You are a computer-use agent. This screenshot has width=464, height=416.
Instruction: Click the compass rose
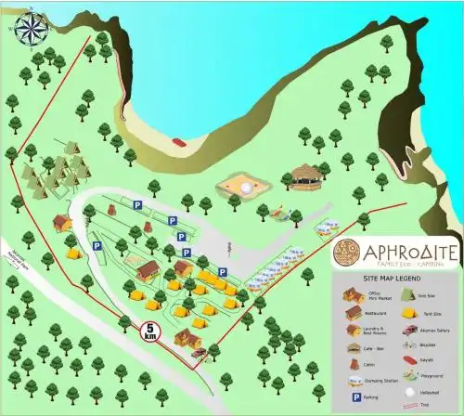[x=31, y=28]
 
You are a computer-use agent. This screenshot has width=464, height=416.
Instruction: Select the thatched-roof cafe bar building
[x=305, y=175]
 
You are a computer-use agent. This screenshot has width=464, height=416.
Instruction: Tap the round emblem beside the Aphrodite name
[x=348, y=252]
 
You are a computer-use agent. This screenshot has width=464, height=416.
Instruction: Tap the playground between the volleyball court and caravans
[x=278, y=210]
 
